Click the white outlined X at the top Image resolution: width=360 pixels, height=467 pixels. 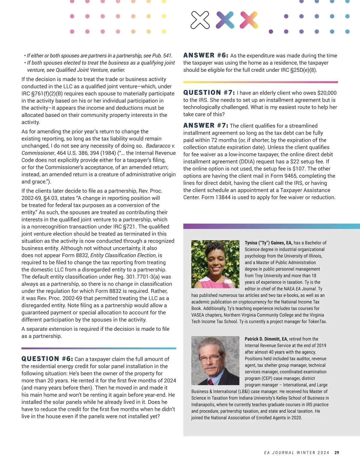pos(200,20)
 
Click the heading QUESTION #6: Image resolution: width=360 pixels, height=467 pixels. pos(47,359)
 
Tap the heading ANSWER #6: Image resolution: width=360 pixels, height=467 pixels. pos(205,55)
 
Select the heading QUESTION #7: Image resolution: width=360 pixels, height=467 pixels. pos(209,93)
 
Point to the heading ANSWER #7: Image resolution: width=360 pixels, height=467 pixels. pos(205,126)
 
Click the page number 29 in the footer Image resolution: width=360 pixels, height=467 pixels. pos(337,453)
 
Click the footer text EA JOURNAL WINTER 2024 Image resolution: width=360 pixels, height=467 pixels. pos(296,453)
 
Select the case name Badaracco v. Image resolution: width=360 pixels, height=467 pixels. pos(160,146)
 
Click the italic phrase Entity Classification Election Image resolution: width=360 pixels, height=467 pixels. pos(123,255)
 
